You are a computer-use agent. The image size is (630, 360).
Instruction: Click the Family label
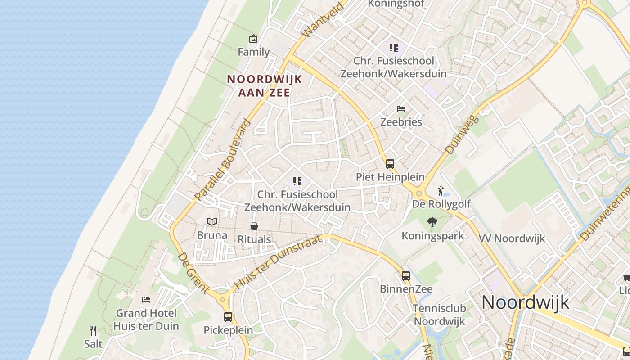click(x=254, y=52)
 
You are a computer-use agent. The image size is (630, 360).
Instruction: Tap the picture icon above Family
click(x=253, y=39)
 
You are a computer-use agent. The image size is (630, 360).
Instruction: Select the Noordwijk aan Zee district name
click(x=264, y=85)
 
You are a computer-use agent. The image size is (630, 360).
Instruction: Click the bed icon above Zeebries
click(x=401, y=109)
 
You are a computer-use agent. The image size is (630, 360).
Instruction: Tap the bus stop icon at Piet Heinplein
click(x=390, y=164)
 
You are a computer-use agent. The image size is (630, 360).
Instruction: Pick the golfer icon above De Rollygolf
click(x=441, y=191)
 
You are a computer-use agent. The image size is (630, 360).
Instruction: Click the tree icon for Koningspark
click(x=432, y=222)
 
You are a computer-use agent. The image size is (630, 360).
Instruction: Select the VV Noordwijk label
click(x=512, y=238)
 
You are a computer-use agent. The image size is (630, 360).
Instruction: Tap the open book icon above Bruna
click(x=212, y=221)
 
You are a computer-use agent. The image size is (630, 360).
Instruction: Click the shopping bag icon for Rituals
click(x=254, y=225)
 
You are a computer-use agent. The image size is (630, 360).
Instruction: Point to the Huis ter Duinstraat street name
click(x=279, y=262)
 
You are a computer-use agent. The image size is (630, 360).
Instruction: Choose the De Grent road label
click(x=193, y=273)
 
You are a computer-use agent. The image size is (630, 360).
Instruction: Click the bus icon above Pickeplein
click(x=228, y=316)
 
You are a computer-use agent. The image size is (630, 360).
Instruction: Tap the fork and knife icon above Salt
click(x=93, y=331)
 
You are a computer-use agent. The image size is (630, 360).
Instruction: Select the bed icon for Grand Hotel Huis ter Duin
click(x=146, y=299)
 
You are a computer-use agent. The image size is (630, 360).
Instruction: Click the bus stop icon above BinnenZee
click(x=406, y=275)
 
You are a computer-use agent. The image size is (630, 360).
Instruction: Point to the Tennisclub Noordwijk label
click(x=440, y=315)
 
